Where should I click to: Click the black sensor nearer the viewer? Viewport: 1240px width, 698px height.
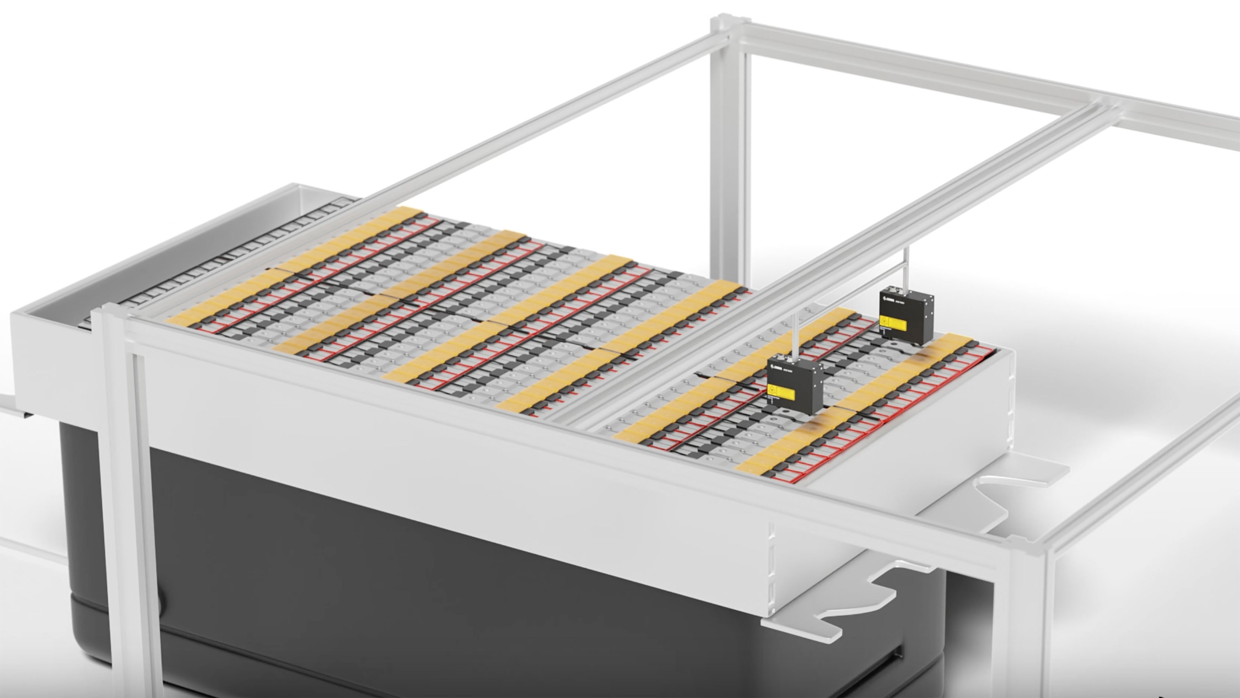point(795,385)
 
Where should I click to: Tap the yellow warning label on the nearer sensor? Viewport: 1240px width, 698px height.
point(781,393)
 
